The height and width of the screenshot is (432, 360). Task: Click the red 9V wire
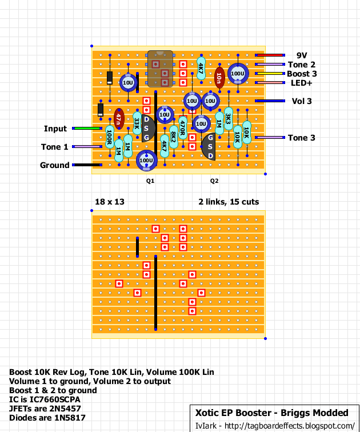[270, 55]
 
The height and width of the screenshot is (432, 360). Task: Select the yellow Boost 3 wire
[270, 74]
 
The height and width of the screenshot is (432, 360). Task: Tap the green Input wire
[87, 129]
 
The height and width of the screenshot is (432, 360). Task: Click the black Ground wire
[87, 165]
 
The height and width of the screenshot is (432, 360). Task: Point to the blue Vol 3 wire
[270, 101]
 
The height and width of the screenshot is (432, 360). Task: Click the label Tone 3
[301, 138]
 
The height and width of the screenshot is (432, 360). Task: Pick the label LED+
[301, 83]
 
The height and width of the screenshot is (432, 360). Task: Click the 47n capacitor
[119, 119]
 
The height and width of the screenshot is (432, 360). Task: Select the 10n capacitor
[219, 78]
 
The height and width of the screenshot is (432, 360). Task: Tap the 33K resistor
[137, 123]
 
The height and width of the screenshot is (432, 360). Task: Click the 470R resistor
[183, 128]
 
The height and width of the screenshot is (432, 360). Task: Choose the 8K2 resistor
[174, 137]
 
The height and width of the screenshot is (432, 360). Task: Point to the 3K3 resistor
[229, 119]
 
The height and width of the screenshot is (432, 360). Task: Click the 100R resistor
[110, 137]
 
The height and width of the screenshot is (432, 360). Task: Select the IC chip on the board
[161, 69]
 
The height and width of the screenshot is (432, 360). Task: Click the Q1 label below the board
[150, 181]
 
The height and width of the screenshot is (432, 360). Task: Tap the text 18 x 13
[110, 202]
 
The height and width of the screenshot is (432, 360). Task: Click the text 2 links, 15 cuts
[229, 202]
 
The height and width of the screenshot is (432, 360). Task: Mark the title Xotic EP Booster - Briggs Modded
[272, 413]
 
